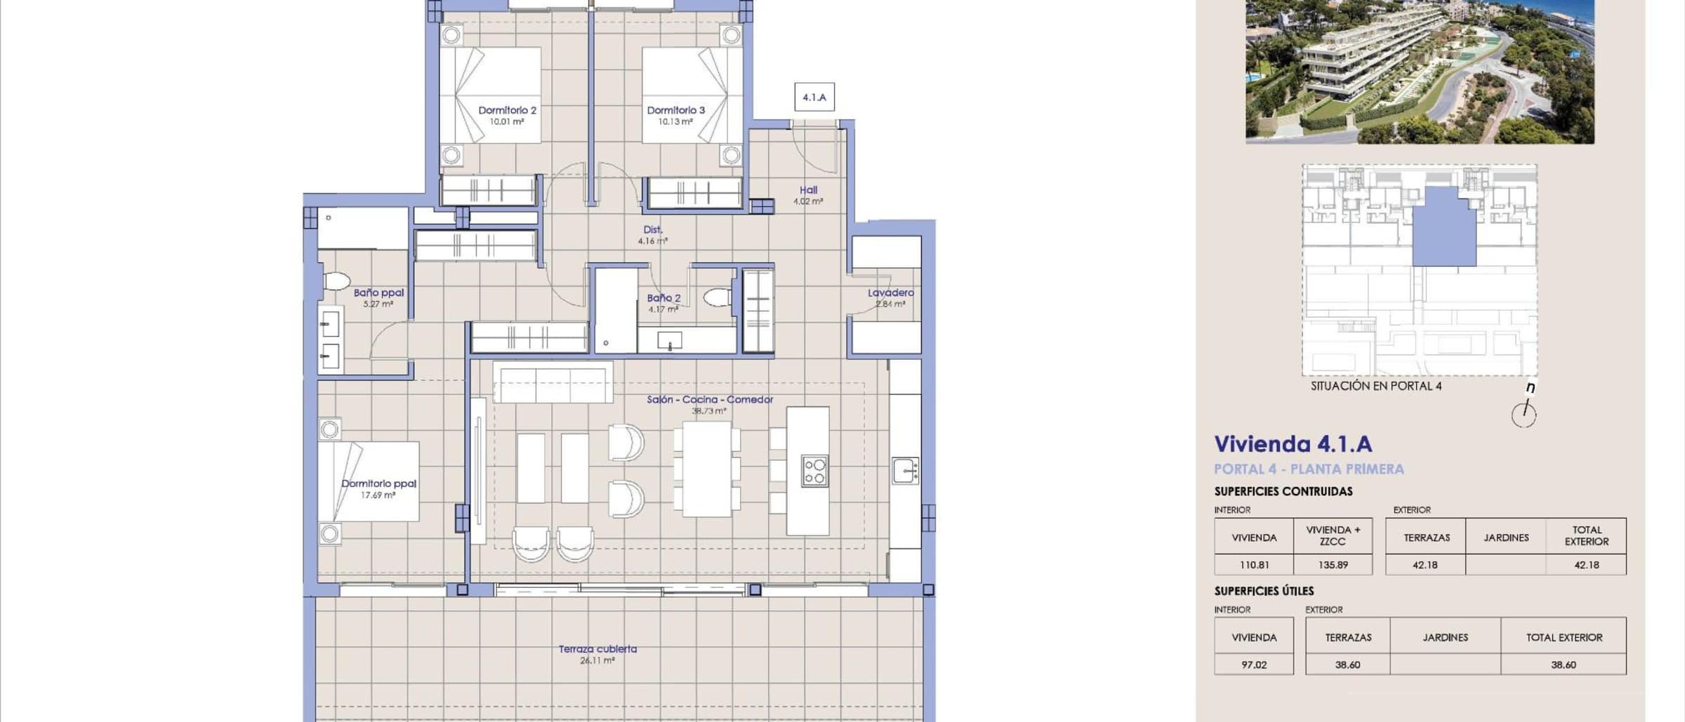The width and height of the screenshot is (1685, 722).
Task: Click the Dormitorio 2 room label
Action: [507, 110]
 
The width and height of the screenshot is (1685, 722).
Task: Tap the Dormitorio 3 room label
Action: [675, 110]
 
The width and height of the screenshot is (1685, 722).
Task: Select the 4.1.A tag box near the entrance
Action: [814, 97]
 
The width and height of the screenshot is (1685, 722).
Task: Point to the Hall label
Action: [808, 189]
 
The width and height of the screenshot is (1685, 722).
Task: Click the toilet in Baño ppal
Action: [337, 281]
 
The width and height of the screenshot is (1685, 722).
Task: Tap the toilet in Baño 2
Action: [718, 298]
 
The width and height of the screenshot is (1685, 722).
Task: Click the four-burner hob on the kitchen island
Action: [814, 471]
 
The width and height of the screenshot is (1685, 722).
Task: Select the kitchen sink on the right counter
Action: [906, 471]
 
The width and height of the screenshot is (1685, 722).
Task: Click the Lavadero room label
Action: [890, 293]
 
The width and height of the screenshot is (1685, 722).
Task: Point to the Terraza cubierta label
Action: [597, 649]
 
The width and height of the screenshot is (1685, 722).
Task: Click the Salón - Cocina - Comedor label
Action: [710, 399]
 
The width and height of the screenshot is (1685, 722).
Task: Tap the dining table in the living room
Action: [707, 469]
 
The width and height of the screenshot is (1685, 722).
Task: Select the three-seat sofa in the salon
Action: [553, 382]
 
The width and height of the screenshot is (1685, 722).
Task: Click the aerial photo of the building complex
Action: [1420, 72]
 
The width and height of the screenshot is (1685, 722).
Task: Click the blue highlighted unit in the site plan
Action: [1444, 227]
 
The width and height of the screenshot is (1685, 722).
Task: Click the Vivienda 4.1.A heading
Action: [1293, 444]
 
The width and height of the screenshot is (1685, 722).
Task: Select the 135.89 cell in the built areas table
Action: [1333, 565]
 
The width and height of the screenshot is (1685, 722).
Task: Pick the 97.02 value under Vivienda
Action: [1254, 664]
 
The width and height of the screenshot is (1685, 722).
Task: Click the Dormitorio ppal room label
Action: [378, 483]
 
